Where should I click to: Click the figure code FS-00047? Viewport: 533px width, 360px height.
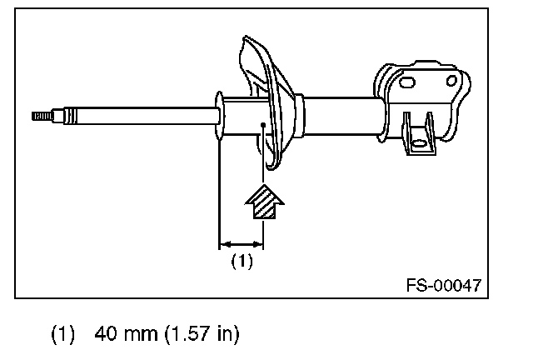click(x=444, y=285)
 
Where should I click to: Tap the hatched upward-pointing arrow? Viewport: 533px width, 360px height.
click(x=265, y=202)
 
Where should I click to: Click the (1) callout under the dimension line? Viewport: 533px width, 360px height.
click(x=242, y=261)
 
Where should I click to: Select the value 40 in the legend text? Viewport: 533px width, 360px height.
click(x=107, y=333)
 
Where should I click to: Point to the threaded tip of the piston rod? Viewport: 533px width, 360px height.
click(x=42, y=116)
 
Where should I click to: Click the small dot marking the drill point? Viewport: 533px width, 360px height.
click(x=263, y=125)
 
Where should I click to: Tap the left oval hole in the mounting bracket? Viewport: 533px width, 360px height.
click(x=407, y=82)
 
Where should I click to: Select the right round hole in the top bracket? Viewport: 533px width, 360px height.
click(x=451, y=81)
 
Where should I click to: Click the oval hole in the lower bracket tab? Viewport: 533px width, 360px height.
click(x=418, y=143)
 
